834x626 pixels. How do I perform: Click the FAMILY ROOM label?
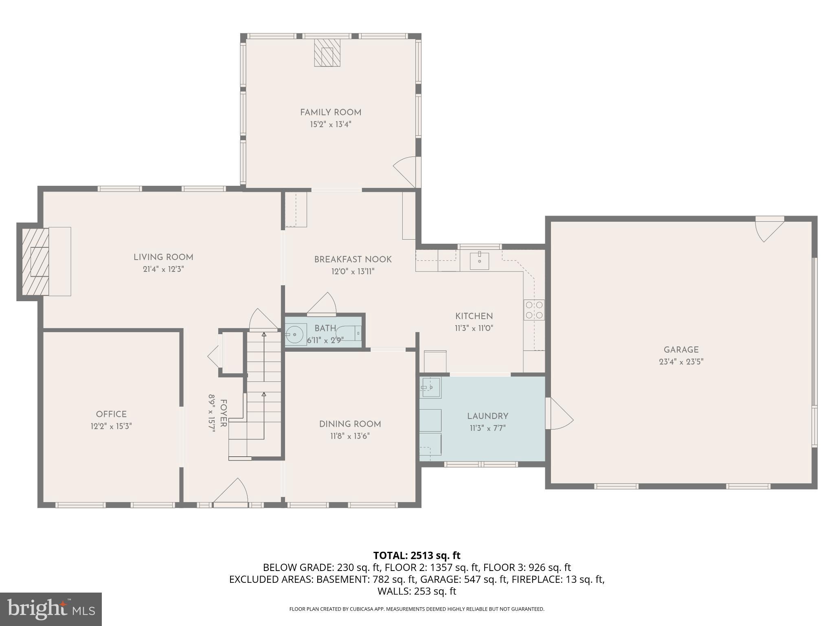pyautogui.click(x=331, y=112)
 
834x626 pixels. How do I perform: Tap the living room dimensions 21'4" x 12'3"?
pyautogui.click(x=163, y=269)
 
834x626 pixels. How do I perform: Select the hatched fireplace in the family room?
pyautogui.click(x=327, y=53)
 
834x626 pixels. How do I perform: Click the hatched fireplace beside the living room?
pyautogui.click(x=35, y=262)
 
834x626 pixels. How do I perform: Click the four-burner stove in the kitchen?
pyautogui.click(x=534, y=310)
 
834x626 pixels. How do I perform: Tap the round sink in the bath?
pyautogui.click(x=295, y=335)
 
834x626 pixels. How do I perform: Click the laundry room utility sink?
pyautogui.click(x=431, y=387)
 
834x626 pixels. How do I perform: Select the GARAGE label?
pyautogui.click(x=681, y=349)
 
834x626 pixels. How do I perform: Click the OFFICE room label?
pyautogui.click(x=111, y=414)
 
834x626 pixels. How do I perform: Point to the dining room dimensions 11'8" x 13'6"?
pyautogui.click(x=350, y=436)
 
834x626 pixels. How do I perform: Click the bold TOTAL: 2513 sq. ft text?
pyautogui.click(x=417, y=555)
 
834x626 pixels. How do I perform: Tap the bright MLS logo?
pyautogui.click(x=51, y=609)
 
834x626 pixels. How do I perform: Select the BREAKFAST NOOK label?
pyautogui.click(x=353, y=259)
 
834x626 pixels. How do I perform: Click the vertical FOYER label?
pyautogui.click(x=223, y=413)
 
